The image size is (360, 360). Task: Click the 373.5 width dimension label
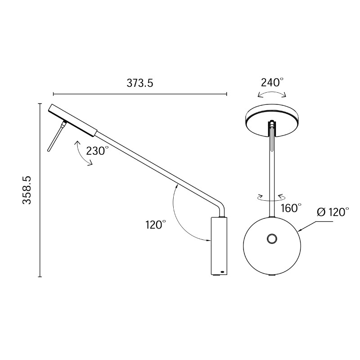[x=140, y=83]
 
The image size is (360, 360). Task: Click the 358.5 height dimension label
[x=27, y=190]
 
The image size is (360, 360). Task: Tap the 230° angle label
[x=98, y=151]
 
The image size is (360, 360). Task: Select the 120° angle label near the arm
[x=156, y=225]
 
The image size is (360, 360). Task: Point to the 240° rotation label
[x=272, y=82]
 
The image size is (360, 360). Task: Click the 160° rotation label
[x=291, y=208]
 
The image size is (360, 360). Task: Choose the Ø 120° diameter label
[x=333, y=212]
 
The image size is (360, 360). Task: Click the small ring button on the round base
[x=272, y=239]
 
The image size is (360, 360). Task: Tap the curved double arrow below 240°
[x=271, y=94]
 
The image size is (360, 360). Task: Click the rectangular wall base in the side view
[x=219, y=246]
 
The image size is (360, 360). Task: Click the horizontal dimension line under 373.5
[x=140, y=94]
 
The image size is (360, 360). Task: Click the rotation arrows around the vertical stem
[x=271, y=197]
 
